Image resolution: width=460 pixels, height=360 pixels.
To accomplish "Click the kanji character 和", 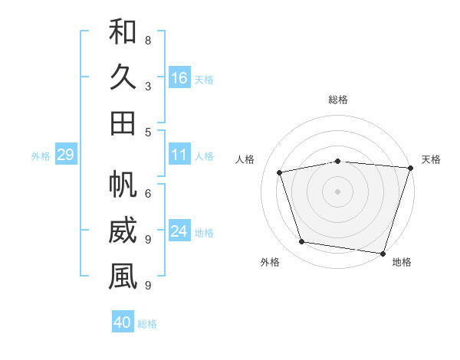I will (x=123, y=31).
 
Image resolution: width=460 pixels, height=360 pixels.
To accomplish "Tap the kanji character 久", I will (x=123, y=77).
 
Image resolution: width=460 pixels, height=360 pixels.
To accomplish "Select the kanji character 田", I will (x=123, y=123).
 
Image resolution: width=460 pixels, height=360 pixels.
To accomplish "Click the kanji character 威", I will (x=123, y=231).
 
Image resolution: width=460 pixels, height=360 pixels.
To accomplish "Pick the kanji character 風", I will (x=123, y=277).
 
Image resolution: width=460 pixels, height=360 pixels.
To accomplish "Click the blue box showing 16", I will (x=179, y=77).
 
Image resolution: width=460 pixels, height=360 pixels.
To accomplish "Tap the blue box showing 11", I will (x=179, y=155).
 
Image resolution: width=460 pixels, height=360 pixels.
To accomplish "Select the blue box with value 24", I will (x=179, y=231).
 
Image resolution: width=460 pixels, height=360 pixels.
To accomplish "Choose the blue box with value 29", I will (x=65, y=155).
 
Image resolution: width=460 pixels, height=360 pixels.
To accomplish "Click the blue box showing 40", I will (x=123, y=322).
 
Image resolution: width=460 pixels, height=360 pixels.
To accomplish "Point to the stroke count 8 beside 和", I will (x=148, y=40).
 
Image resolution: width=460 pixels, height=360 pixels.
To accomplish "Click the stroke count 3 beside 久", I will (x=148, y=86).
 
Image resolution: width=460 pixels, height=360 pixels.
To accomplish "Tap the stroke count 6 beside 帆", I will (x=148, y=194).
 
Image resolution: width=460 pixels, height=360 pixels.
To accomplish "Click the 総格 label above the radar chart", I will (x=338, y=100).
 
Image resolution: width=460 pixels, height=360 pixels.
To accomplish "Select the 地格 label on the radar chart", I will (x=402, y=262).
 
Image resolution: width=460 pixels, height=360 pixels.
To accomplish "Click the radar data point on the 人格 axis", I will (x=280, y=173).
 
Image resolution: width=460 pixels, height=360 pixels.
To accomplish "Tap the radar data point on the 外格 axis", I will (x=302, y=242).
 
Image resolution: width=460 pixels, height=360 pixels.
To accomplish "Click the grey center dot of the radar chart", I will (x=338, y=191).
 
